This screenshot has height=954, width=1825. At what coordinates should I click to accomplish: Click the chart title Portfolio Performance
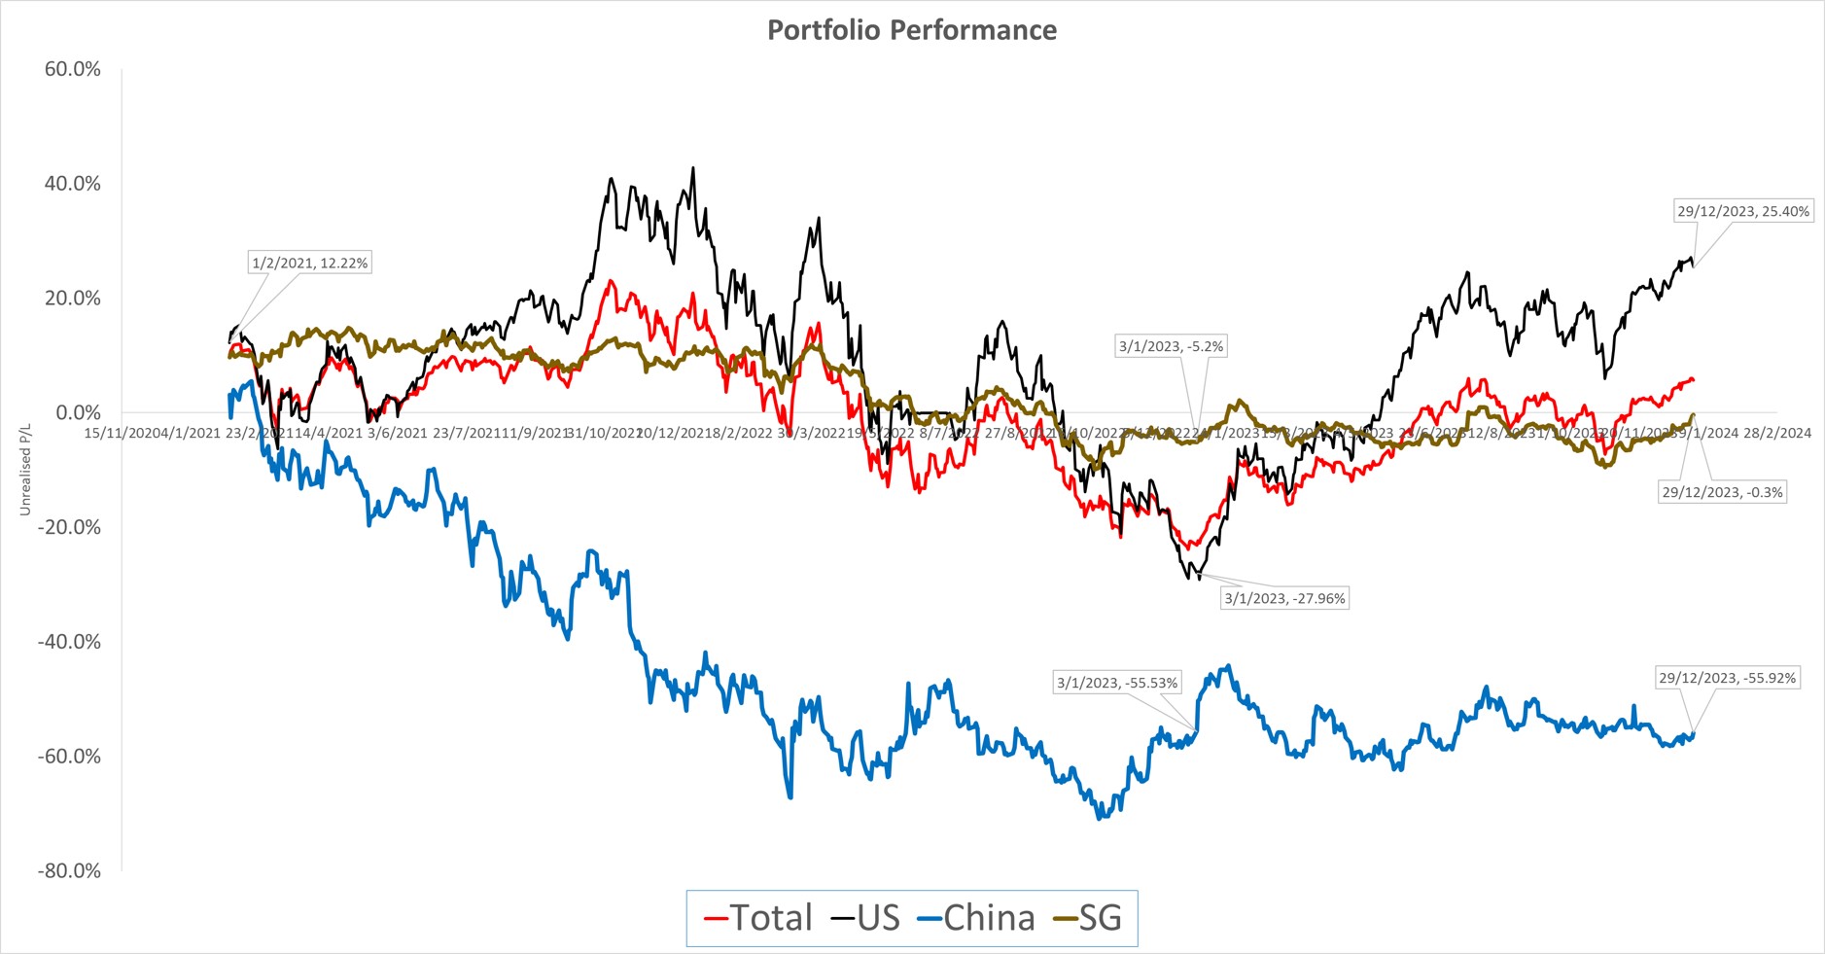pyautogui.click(x=912, y=30)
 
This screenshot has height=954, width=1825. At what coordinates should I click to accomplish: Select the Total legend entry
pyautogui.click(x=757, y=918)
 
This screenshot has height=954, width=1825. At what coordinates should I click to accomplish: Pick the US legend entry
pyautogui.click(x=865, y=918)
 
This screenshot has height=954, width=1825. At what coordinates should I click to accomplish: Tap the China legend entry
pyautogui.click(x=976, y=918)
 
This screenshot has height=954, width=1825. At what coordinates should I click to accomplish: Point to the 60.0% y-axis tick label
pyautogui.click(x=73, y=69)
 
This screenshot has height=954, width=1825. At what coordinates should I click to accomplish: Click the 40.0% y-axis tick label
pyautogui.click(x=73, y=184)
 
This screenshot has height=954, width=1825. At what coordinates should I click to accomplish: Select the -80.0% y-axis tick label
pyautogui.click(x=69, y=870)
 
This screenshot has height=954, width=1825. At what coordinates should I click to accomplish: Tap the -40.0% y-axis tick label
pyautogui.click(x=69, y=642)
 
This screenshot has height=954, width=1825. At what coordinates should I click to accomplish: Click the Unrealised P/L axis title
pyautogui.click(x=25, y=469)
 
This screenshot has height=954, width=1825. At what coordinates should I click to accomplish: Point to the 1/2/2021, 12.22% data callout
pyautogui.click(x=310, y=263)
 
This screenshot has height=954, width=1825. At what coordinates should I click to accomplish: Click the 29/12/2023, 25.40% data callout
pyautogui.click(x=1743, y=211)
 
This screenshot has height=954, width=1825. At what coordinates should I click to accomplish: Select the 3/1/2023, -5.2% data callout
pyautogui.click(x=1171, y=346)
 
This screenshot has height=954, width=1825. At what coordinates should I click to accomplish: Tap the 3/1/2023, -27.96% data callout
pyautogui.click(x=1284, y=598)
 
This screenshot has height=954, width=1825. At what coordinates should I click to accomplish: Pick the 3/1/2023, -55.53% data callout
pyautogui.click(x=1117, y=683)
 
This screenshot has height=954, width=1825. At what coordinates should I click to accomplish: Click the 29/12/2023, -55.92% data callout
pyautogui.click(x=1727, y=678)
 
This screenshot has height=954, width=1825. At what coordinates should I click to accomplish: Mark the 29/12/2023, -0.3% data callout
pyautogui.click(x=1722, y=492)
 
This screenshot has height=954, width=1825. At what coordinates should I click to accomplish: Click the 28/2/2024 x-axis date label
pyautogui.click(x=1777, y=433)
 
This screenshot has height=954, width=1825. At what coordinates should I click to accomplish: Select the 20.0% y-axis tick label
pyautogui.click(x=73, y=299)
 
